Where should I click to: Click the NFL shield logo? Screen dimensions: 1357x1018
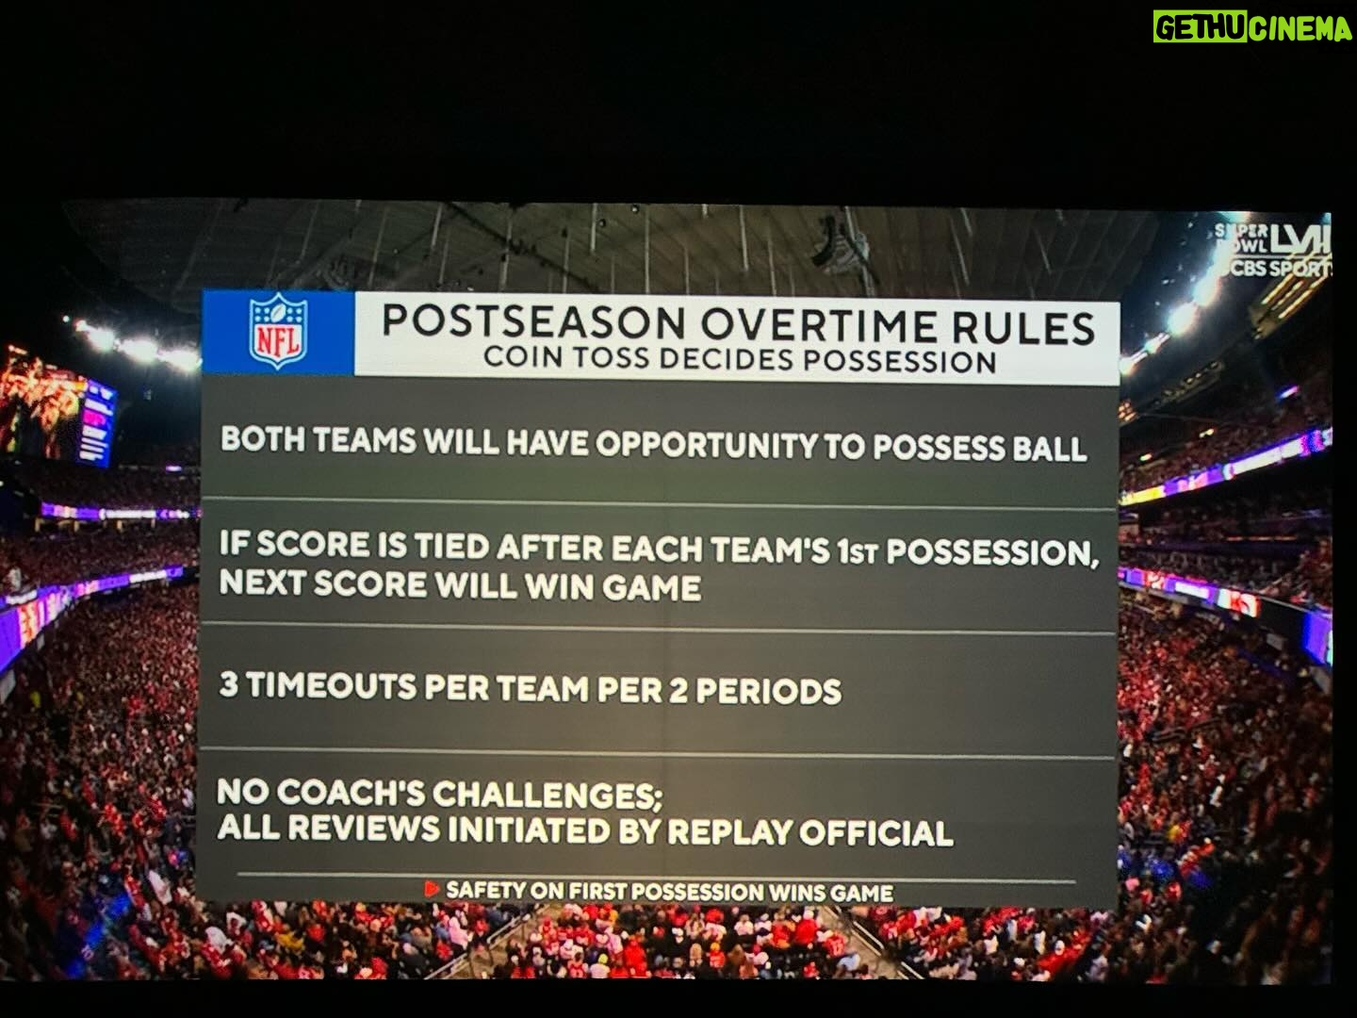[278, 331]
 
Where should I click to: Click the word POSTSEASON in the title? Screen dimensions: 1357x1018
[534, 320]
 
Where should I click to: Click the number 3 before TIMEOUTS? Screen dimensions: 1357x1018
[229, 685]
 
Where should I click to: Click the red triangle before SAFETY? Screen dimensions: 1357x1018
[432, 890]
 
